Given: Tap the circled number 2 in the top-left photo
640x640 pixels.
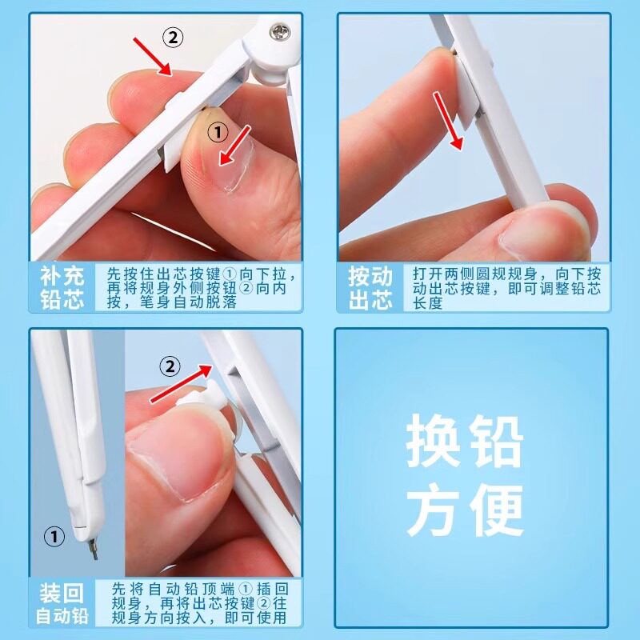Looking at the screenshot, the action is [x=173, y=38].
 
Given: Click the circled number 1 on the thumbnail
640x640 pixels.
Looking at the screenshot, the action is [x=218, y=132].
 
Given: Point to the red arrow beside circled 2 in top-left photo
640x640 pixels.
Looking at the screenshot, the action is [x=153, y=56].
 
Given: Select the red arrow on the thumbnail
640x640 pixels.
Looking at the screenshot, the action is [x=234, y=146].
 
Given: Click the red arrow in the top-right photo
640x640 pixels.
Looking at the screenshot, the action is [x=448, y=121].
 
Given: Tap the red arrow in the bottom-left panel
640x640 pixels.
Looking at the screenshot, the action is [x=182, y=384].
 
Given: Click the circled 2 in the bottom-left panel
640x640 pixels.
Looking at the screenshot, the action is [x=170, y=366].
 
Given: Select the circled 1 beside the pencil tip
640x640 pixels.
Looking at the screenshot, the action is [x=54, y=536].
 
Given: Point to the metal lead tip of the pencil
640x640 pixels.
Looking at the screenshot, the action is [x=94, y=549].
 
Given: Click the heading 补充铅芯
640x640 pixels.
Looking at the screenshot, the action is [x=62, y=287].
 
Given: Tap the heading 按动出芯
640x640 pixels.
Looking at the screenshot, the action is [x=370, y=287].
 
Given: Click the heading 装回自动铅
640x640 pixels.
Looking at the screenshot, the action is [x=62, y=604].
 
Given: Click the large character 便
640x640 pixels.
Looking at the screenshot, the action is [x=497, y=510].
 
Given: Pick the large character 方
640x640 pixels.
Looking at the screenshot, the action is [x=432, y=510].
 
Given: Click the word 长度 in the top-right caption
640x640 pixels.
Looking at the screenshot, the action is [x=427, y=303].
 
